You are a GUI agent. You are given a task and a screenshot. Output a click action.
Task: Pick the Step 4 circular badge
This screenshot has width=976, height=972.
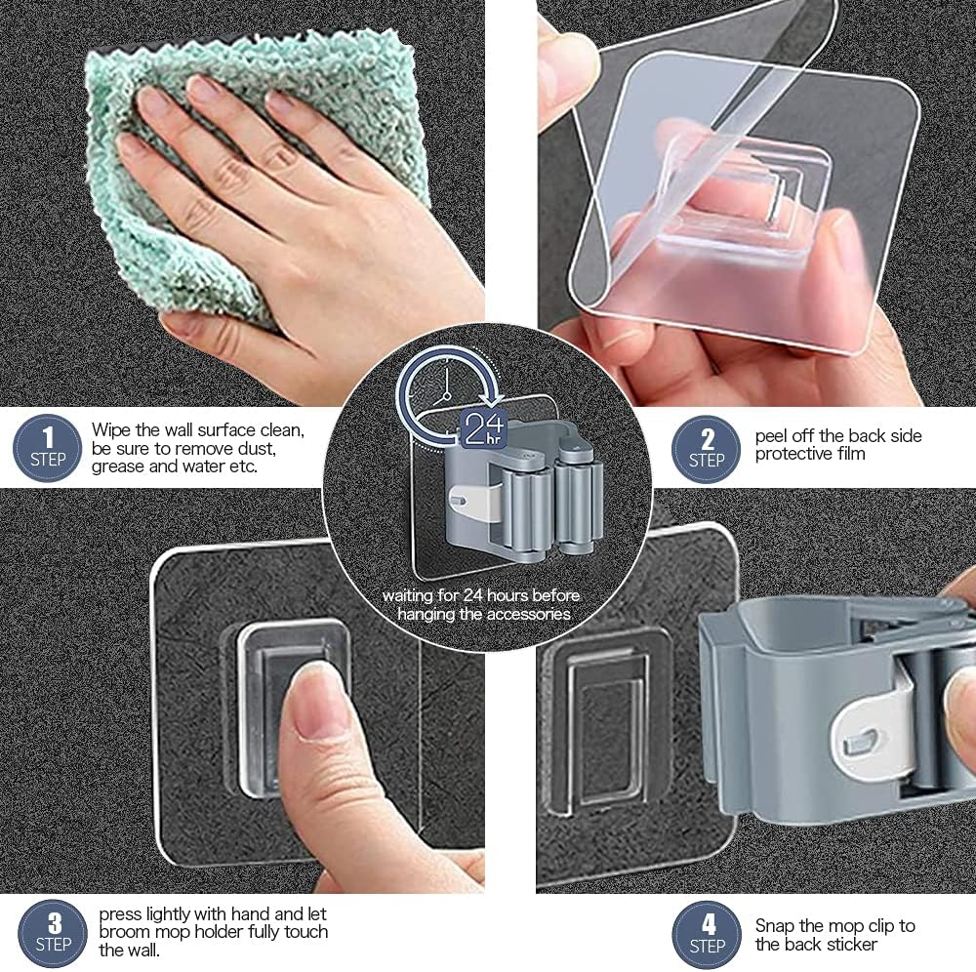708,935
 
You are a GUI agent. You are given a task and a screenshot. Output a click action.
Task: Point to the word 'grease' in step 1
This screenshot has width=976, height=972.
118,466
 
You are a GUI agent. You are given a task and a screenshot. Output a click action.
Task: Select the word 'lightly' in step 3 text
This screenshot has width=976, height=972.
174,914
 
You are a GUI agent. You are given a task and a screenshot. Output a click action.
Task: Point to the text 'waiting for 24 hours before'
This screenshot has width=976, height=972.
481,595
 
